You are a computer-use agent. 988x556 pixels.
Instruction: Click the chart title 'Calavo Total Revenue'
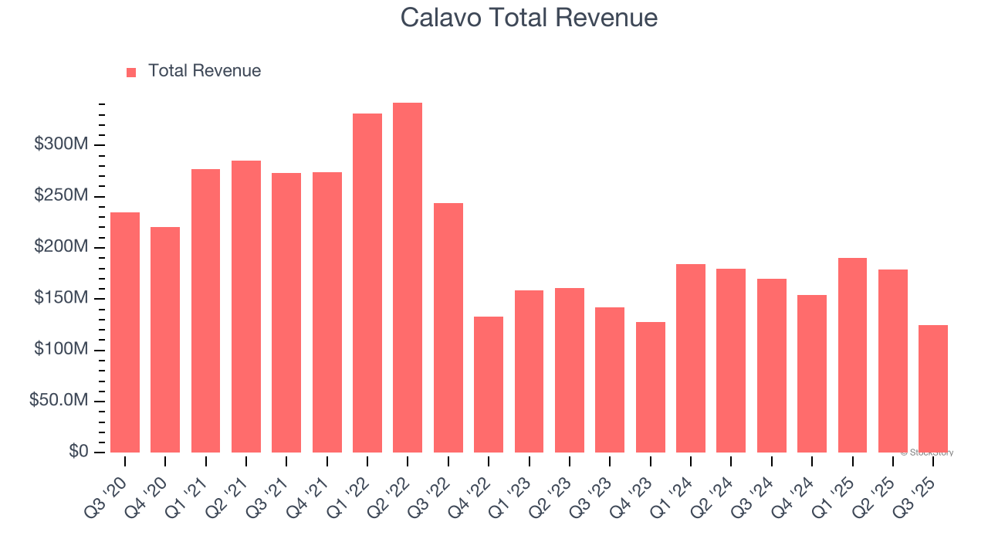coord(529,18)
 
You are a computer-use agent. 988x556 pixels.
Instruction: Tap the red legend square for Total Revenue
coord(131,72)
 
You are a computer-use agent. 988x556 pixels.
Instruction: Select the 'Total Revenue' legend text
coord(205,71)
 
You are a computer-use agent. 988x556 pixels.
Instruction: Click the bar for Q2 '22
coord(408,278)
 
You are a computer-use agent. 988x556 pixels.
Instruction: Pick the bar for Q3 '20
coord(125,332)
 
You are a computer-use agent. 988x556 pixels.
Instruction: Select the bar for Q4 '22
coord(489,385)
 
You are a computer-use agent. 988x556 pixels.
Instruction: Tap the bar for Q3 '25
coord(933,388)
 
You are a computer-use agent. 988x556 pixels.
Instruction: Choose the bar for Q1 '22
coord(367,283)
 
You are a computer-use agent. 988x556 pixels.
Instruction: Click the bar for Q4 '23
coord(651,387)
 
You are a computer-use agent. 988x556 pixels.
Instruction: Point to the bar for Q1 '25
coord(852,355)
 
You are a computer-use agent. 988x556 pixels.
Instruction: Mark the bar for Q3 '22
coord(448,327)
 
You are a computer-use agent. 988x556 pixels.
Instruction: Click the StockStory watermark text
coord(927,453)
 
